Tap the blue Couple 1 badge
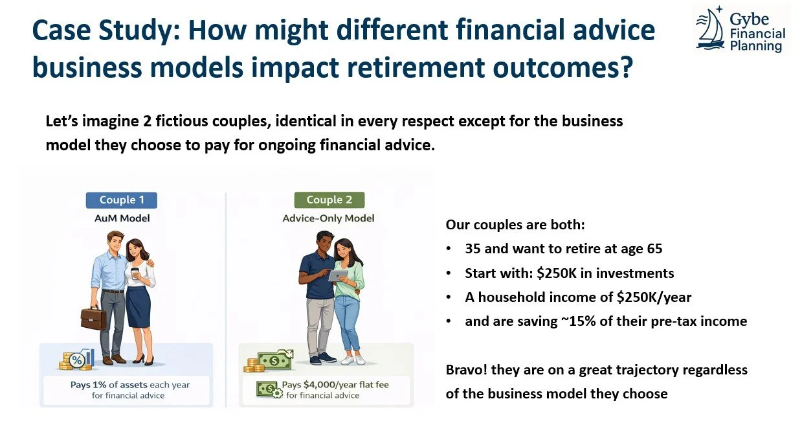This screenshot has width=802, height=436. (121, 200)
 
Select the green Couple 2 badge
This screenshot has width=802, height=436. (329, 200)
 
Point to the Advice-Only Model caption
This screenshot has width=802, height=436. (328, 218)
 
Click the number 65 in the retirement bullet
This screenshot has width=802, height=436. (651, 249)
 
